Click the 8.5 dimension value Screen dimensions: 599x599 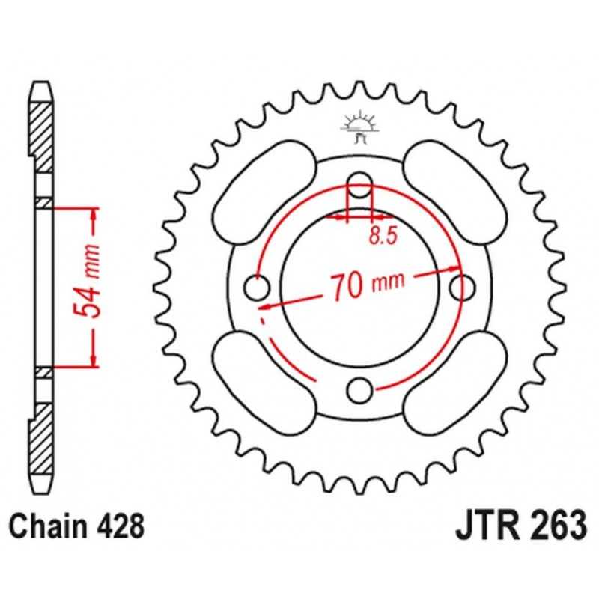click(x=383, y=235)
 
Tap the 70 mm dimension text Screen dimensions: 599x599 click(x=367, y=284)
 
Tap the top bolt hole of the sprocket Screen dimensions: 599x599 click(x=359, y=185)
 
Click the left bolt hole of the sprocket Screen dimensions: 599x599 click(x=257, y=288)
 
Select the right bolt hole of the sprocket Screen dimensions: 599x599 click(x=462, y=287)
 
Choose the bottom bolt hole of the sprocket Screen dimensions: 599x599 click(x=359, y=390)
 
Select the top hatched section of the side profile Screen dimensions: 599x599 click(x=41, y=137)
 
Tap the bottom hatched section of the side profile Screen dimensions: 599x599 click(x=41, y=440)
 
